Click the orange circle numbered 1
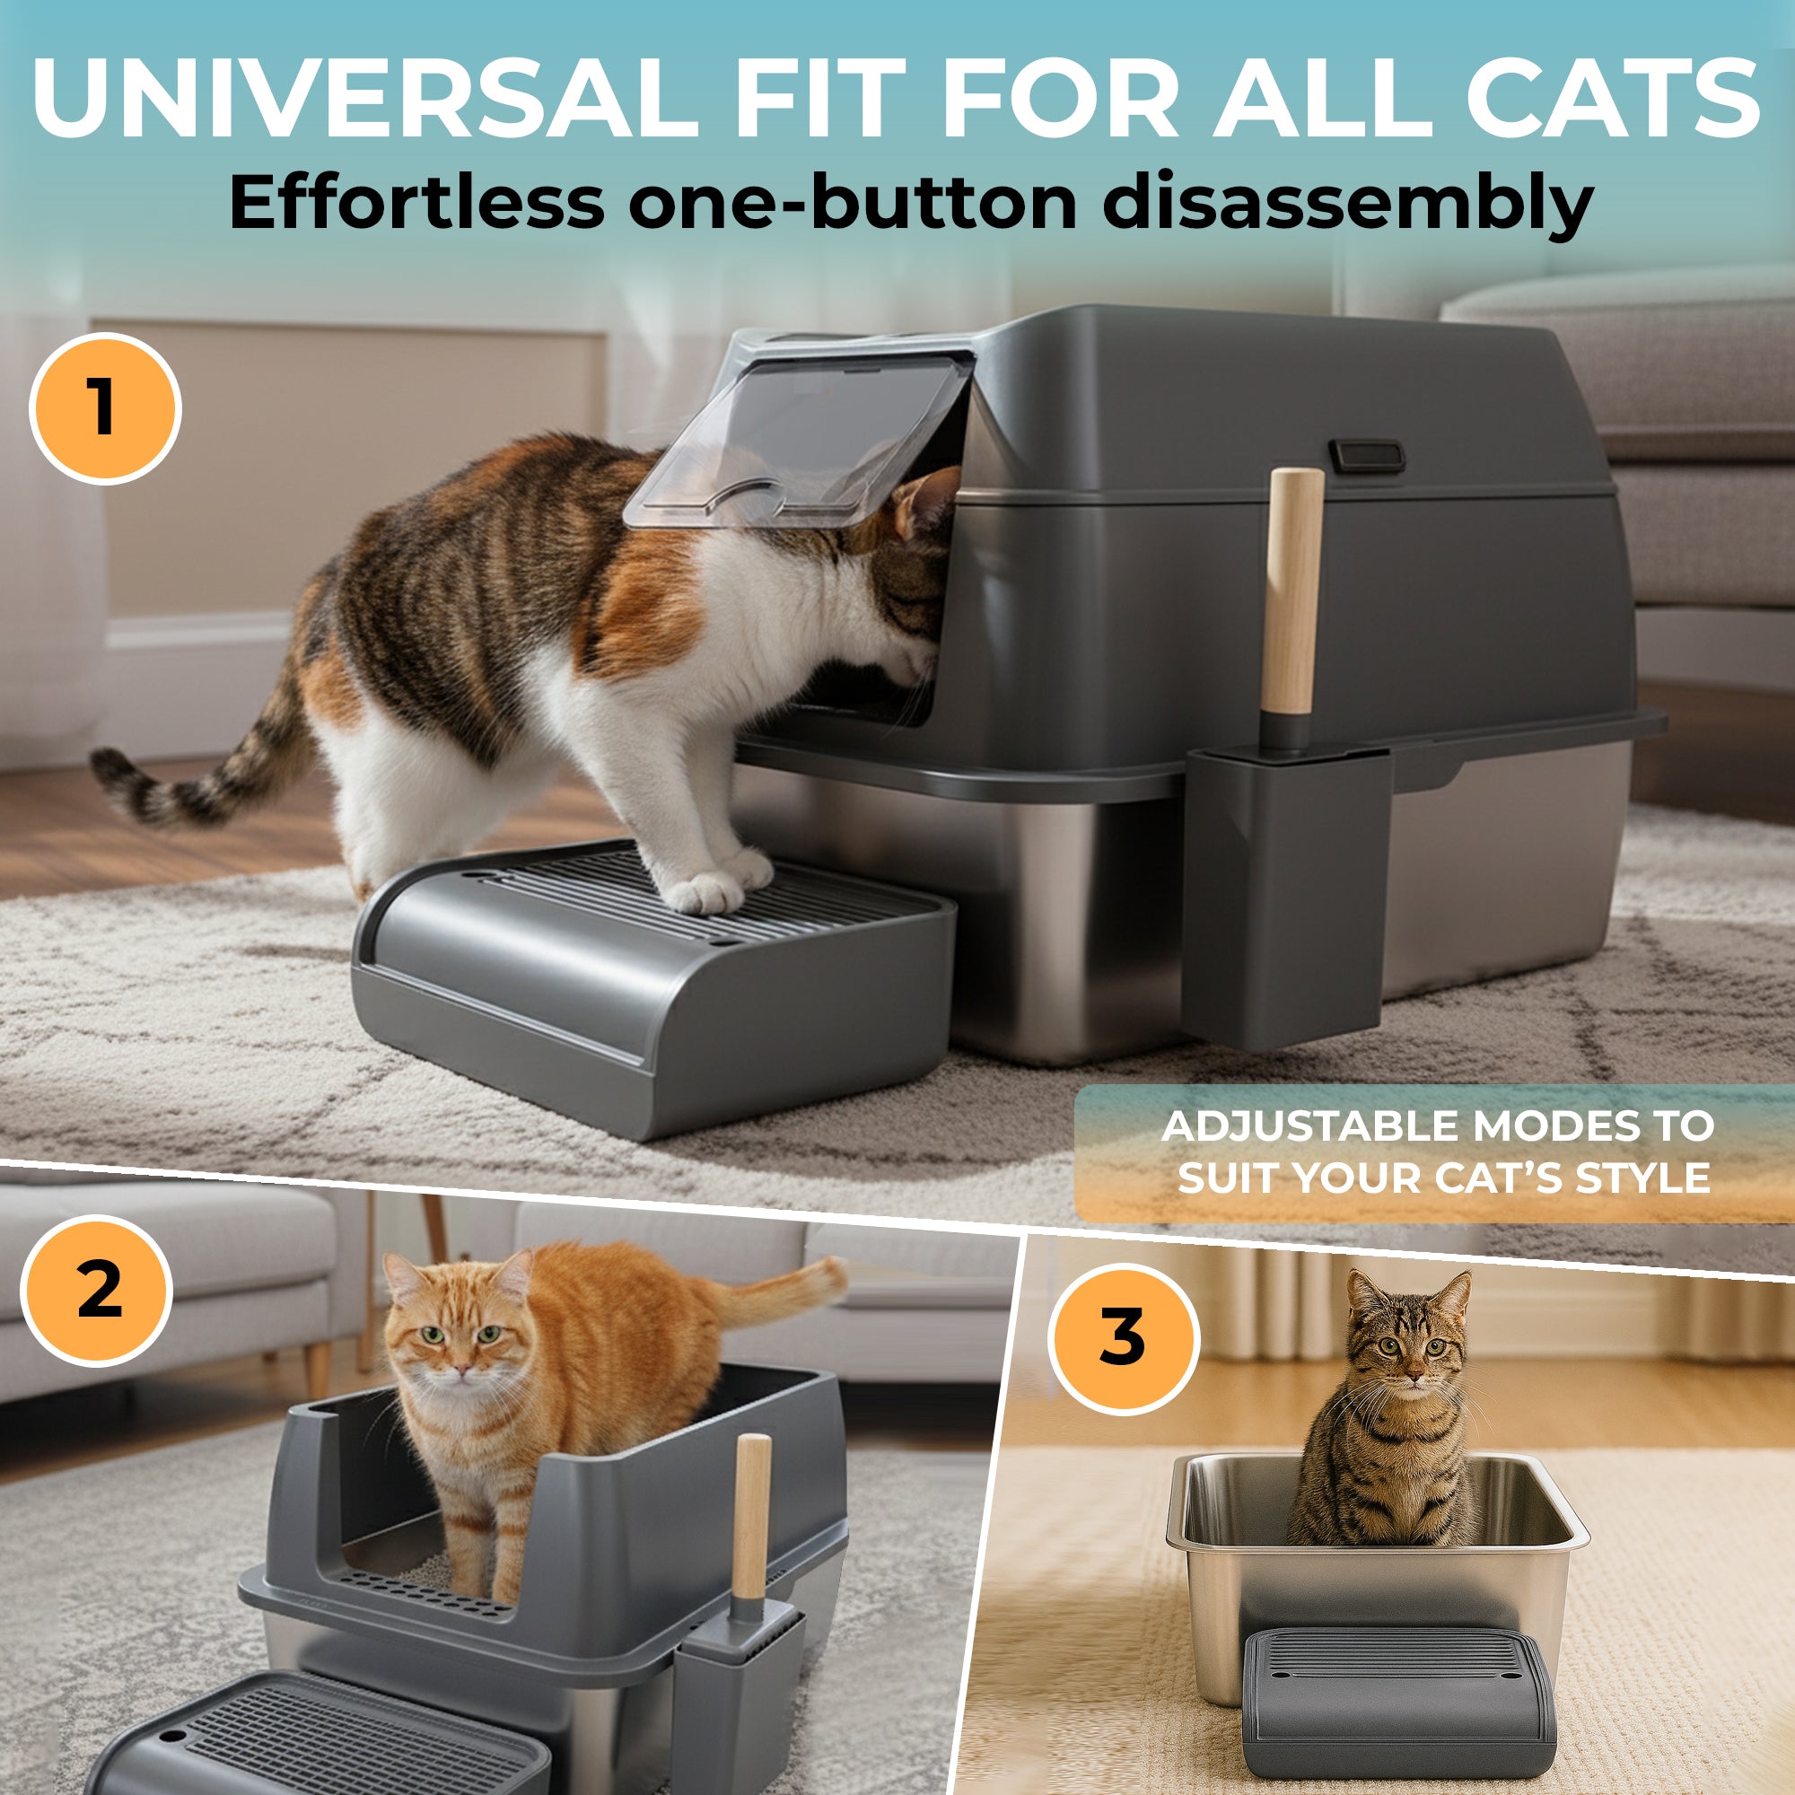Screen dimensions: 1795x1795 pyautogui.click(x=105, y=407)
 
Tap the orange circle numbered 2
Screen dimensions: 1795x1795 pyautogui.click(x=98, y=1291)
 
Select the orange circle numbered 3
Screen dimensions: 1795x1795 pyautogui.click(x=1124, y=1339)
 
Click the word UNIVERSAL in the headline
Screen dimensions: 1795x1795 pyautogui.click(x=364, y=98)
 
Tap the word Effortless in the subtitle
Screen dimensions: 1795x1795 pyautogui.click(x=416, y=202)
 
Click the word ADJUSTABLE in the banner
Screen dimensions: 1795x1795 pyautogui.click(x=1309, y=1126)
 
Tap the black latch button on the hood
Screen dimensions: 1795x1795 pyautogui.click(x=1366, y=455)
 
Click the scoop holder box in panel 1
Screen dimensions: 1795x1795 pyautogui.click(x=1289, y=897)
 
